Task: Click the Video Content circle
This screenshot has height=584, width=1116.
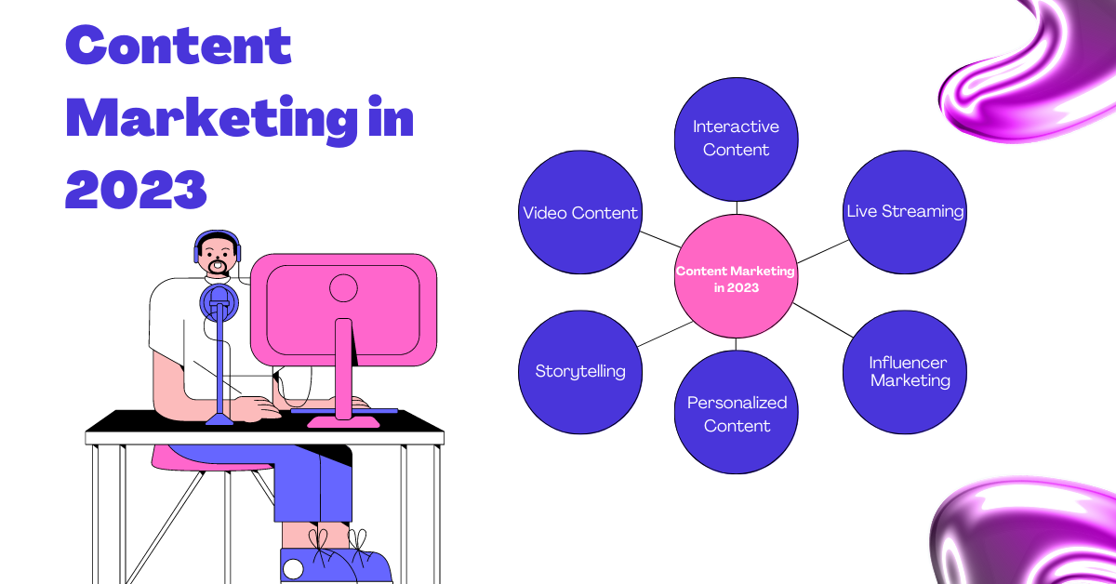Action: pyautogui.click(x=579, y=212)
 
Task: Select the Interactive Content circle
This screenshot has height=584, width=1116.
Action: pyautogui.click(x=736, y=139)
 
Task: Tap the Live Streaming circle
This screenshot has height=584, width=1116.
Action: pyautogui.click(x=904, y=212)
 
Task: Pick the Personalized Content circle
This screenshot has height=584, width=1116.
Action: pyautogui.click(x=736, y=413)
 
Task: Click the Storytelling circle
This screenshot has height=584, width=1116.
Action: pyautogui.click(x=579, y=372)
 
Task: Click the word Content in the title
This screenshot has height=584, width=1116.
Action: pyautogui.click(x=179, y=45)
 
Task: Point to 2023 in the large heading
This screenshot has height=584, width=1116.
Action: pyautogui.click(x=136, y=190)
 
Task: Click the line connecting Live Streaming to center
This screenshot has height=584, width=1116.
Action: pyautogui.click(x=823, y=250)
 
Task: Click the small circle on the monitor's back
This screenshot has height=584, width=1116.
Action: pyautogui.click(x=343, y=287)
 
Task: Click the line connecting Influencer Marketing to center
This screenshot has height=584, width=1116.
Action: pyautogui.click(x=820, y=320)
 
